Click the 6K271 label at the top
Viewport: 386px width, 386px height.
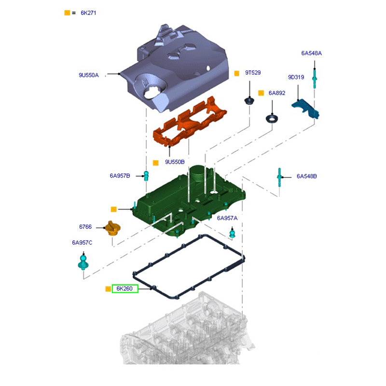point(88,13)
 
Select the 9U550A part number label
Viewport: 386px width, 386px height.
point(88,75)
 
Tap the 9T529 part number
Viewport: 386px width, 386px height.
point(253,73)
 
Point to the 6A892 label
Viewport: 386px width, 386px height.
point(277,93)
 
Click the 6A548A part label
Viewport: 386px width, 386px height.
point(311,53)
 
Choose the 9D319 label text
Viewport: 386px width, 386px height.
point(296,77)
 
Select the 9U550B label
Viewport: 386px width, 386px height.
point(175,162)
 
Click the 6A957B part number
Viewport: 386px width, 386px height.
point(120,176)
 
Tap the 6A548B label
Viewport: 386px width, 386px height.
point(306,176)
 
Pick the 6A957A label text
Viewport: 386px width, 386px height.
point(227,218)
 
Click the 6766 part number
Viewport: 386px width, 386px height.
point(85,226)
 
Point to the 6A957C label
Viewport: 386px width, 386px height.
point(82,242)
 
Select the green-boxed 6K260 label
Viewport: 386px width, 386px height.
point(124,289)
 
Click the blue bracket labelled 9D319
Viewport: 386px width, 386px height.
point(307,109)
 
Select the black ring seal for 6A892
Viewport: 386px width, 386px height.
point(273,118)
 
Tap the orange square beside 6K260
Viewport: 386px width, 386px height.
point(108,289)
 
